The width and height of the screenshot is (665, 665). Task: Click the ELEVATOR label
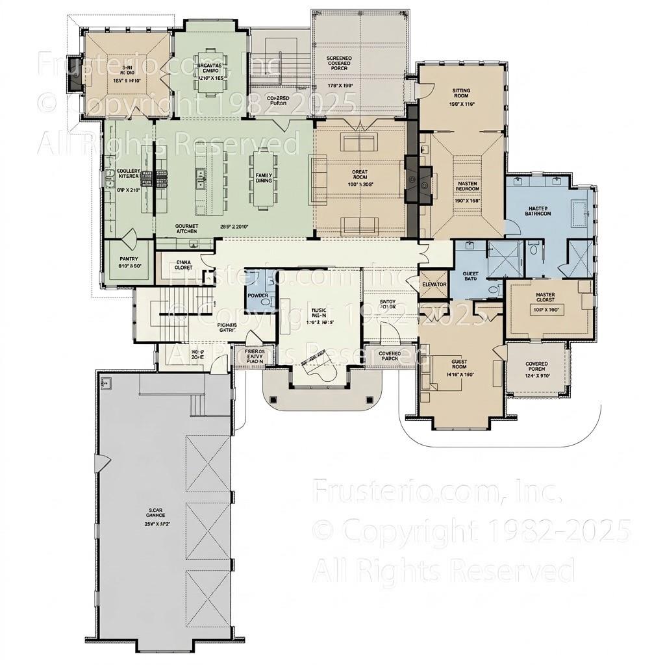[434, 284]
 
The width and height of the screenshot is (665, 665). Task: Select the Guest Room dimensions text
[460, 375]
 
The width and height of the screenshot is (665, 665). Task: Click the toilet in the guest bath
[492, 289]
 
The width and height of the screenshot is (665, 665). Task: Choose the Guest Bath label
[471, 275]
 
